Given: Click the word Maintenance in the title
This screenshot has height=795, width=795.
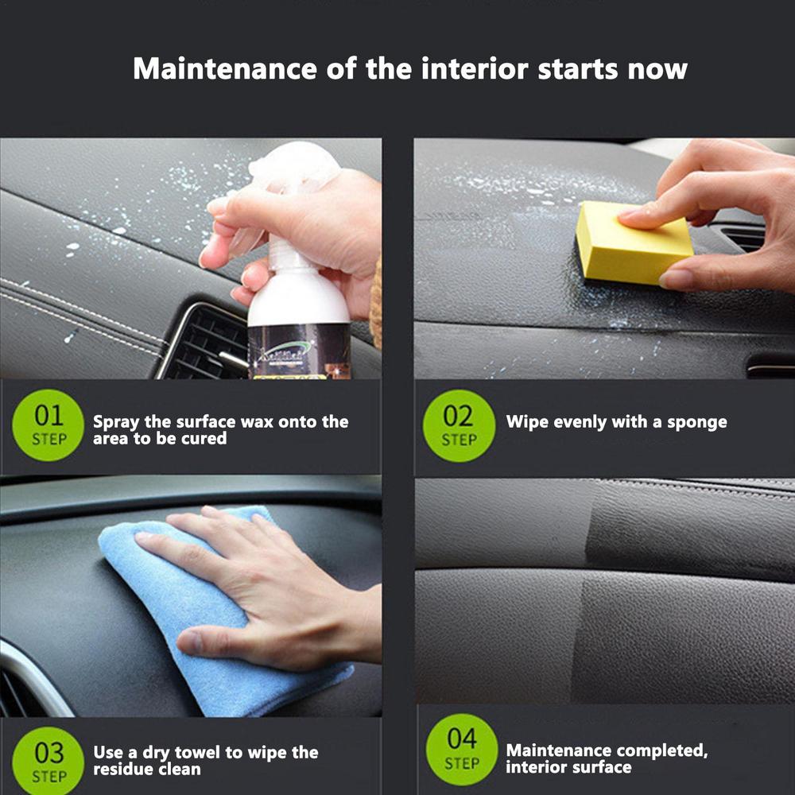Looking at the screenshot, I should [225, 68].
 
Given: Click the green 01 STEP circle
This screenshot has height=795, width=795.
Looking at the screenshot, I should [48, 425].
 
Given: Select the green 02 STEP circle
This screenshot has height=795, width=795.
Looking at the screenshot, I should [459, 425].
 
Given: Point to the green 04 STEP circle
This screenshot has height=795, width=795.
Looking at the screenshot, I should [461, 749].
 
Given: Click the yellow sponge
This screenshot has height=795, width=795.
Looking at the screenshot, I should [628, 242].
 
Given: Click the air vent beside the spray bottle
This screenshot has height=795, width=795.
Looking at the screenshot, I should [203, 342].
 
